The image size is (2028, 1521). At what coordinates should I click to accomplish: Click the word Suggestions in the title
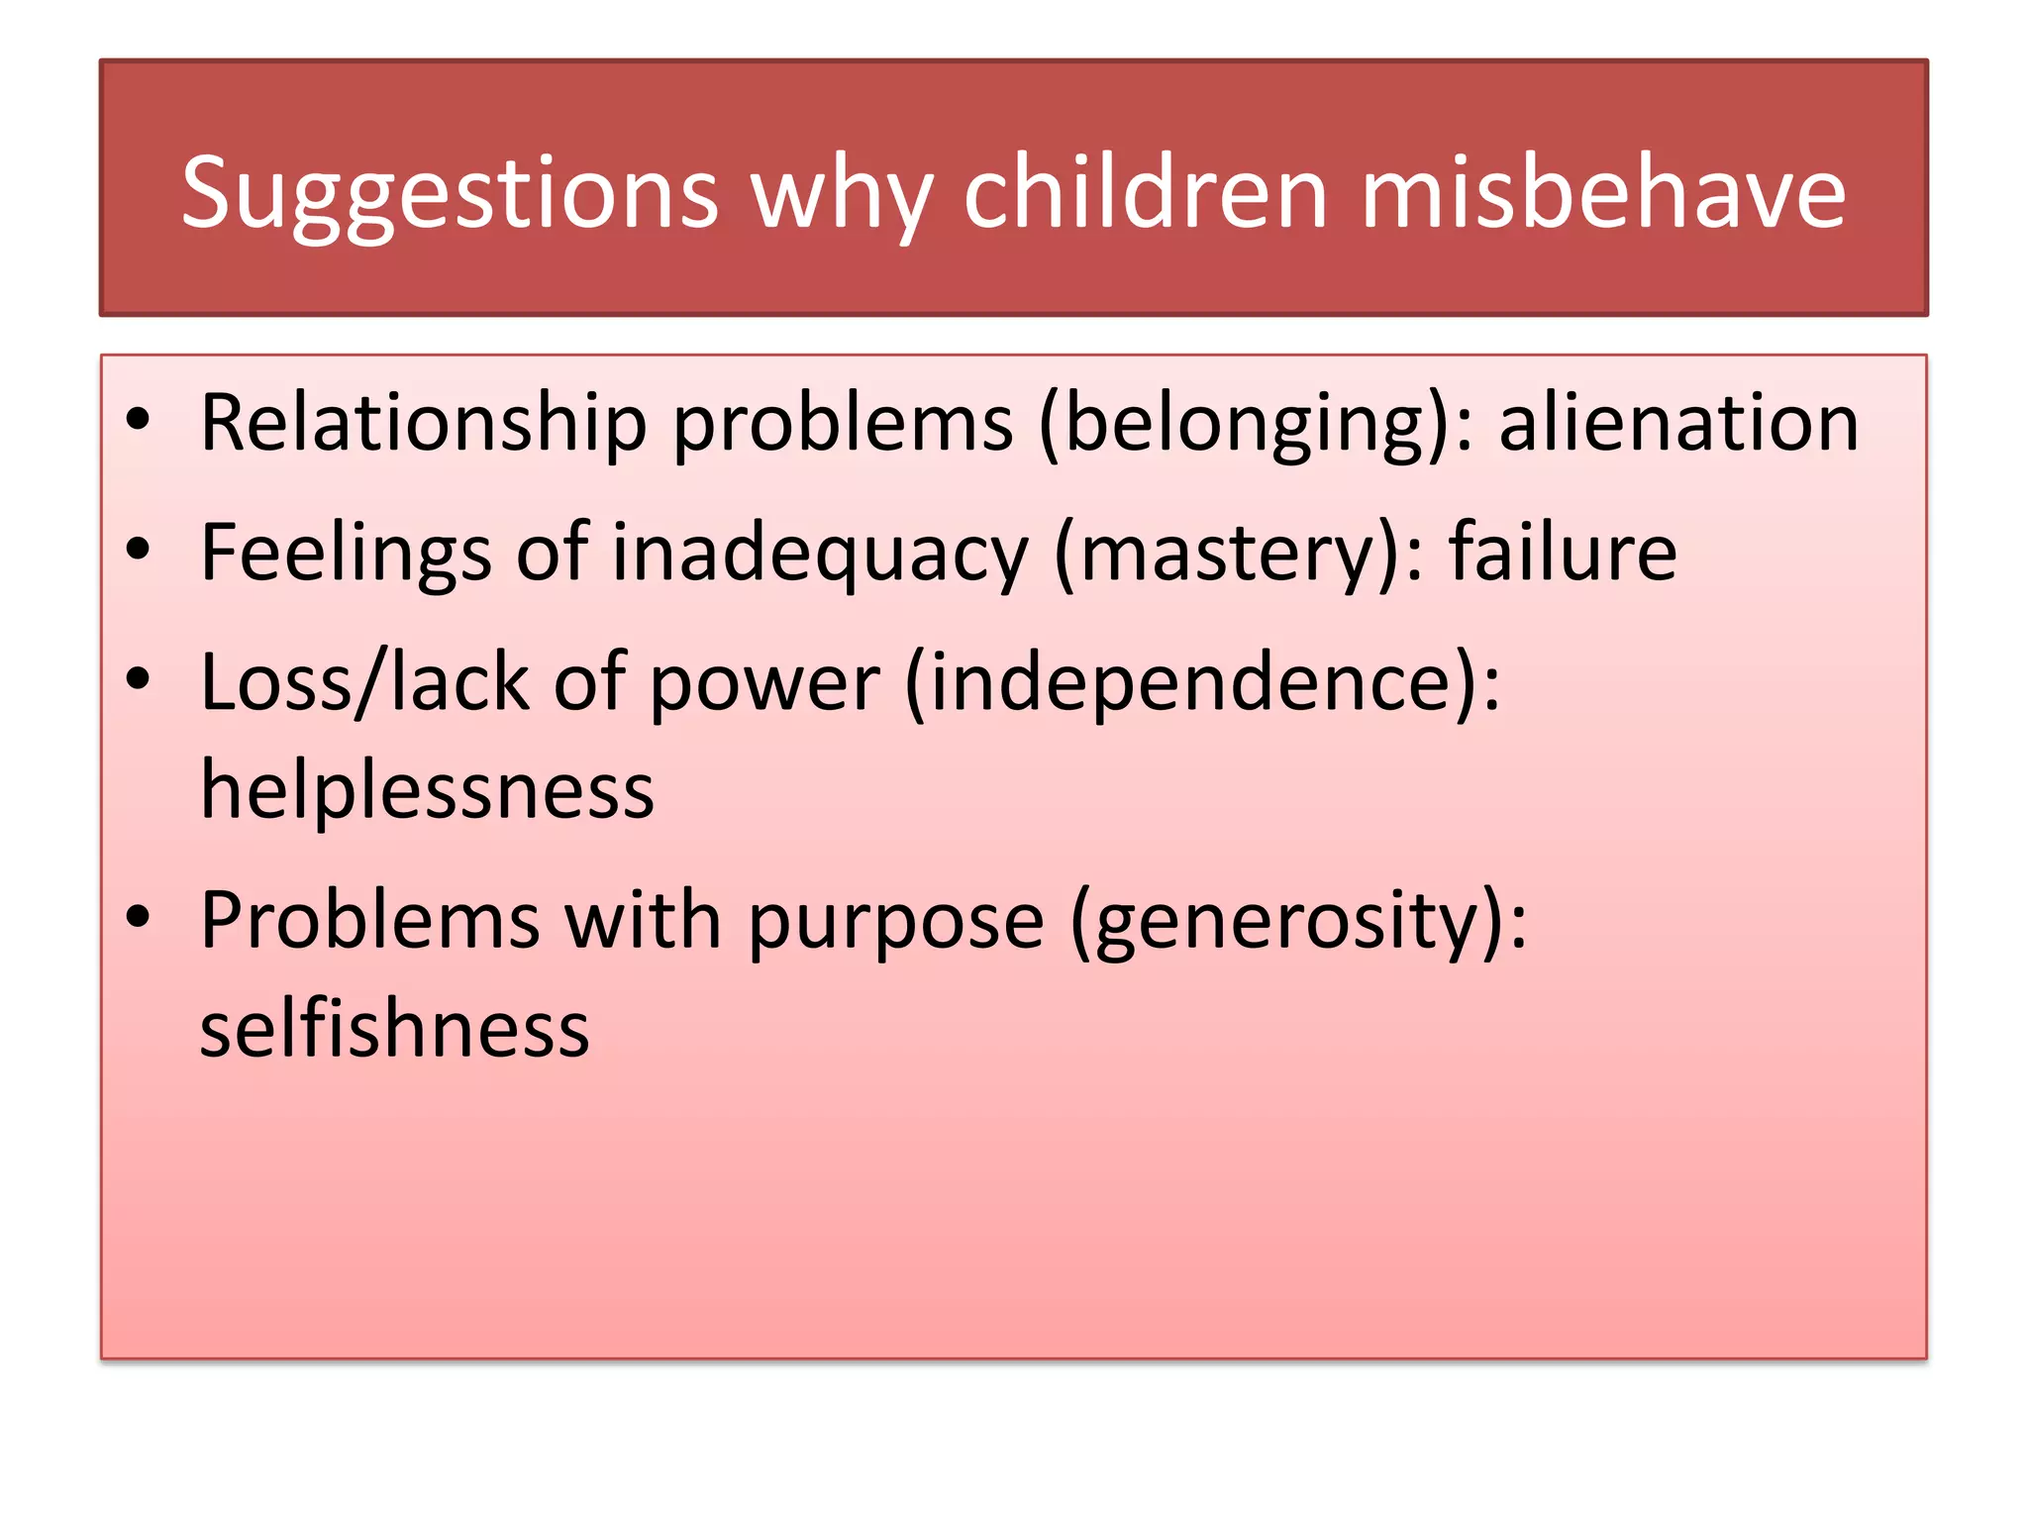coord(450,193)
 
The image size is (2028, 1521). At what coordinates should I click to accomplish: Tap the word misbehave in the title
coord(1603,193)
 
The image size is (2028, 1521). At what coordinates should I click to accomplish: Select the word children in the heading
coord(1145,193)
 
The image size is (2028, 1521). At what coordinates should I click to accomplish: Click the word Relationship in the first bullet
coord(423,424)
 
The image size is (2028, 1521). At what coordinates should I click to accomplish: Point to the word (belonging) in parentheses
coord(1255,424)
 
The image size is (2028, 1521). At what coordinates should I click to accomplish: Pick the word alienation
coord(1678,424)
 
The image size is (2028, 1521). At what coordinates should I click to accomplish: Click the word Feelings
coord(346,553)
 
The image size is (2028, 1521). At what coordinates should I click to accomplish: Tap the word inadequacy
coord(820,553)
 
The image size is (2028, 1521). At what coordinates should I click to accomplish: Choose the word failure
coord(1564,553)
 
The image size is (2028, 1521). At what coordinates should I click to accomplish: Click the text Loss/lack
coord(364,682)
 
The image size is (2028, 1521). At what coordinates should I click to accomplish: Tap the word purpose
coord(895,922)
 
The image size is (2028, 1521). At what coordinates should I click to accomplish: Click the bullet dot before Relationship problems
coord(138,420)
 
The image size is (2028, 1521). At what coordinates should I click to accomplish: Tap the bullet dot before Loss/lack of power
coord(138,679)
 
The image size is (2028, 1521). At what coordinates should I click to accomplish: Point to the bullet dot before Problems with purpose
coord(138,917)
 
